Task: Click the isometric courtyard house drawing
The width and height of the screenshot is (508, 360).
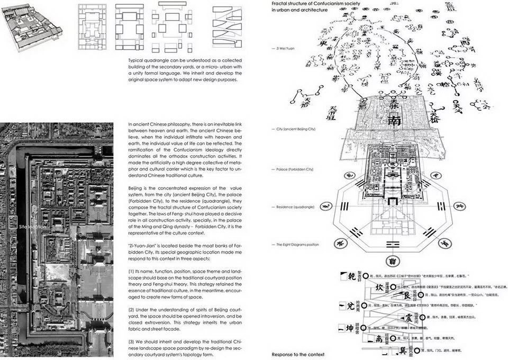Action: pos(32,26)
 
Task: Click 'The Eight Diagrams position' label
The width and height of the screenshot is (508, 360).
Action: pos(298,244)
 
